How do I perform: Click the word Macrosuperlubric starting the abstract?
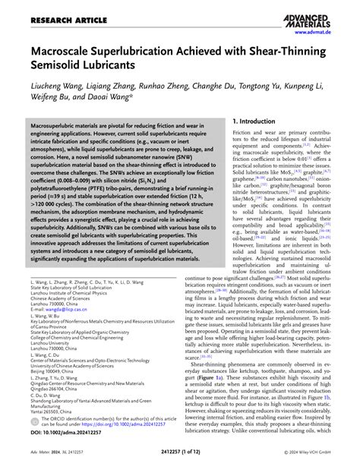click(x=60, y=123)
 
